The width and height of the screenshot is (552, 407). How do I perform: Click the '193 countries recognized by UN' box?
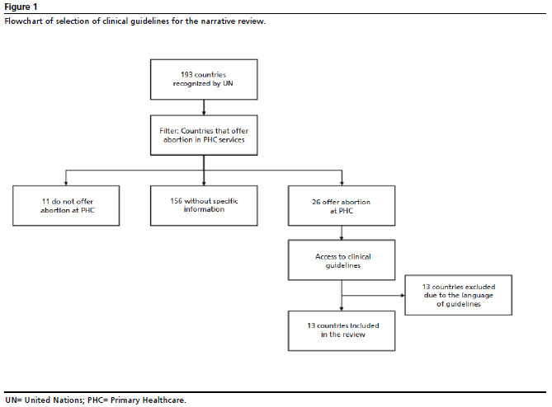point(204,79)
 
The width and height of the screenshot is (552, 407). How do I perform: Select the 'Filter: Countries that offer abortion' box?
point(204,135)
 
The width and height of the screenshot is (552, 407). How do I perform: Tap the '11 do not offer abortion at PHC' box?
point(66,206)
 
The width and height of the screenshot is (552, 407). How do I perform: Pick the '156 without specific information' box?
point(204,206)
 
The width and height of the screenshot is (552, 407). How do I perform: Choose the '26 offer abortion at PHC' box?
point(342,206)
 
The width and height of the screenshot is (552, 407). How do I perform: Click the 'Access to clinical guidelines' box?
point(342,260)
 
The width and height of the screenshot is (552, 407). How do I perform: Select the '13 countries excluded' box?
point(459,295)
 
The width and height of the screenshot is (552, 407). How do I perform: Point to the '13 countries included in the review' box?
point(342,330)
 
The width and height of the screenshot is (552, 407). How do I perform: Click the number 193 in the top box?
point(186,74)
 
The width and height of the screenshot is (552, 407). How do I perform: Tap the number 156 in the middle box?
point(176,201)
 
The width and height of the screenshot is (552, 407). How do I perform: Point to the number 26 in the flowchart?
point(316,202)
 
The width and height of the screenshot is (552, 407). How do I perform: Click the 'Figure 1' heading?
point(21,7)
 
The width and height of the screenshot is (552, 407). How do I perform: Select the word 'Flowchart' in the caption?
point(24,21)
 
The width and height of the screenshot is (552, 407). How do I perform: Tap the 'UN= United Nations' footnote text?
point(44,400)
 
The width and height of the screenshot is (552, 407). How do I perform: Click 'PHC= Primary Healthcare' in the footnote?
point(137,400)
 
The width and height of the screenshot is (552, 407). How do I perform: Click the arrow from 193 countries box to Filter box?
point(204,108)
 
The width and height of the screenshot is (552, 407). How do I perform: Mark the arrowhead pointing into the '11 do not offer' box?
point(66,184)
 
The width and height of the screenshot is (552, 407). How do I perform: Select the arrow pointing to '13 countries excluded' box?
point(373,295)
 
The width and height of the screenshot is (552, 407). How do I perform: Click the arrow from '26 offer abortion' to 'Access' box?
point(342,232)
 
